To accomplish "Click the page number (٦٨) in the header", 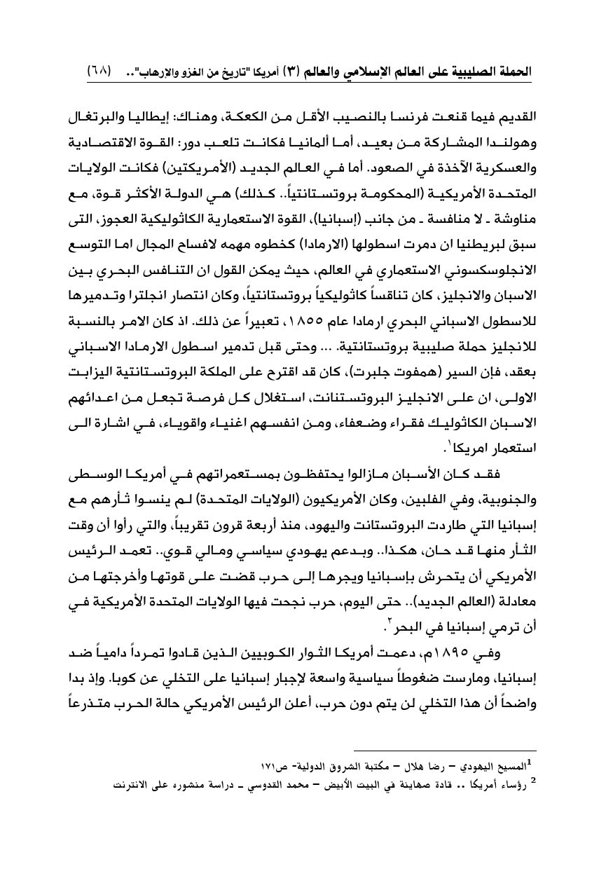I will [x=100, y=71].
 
